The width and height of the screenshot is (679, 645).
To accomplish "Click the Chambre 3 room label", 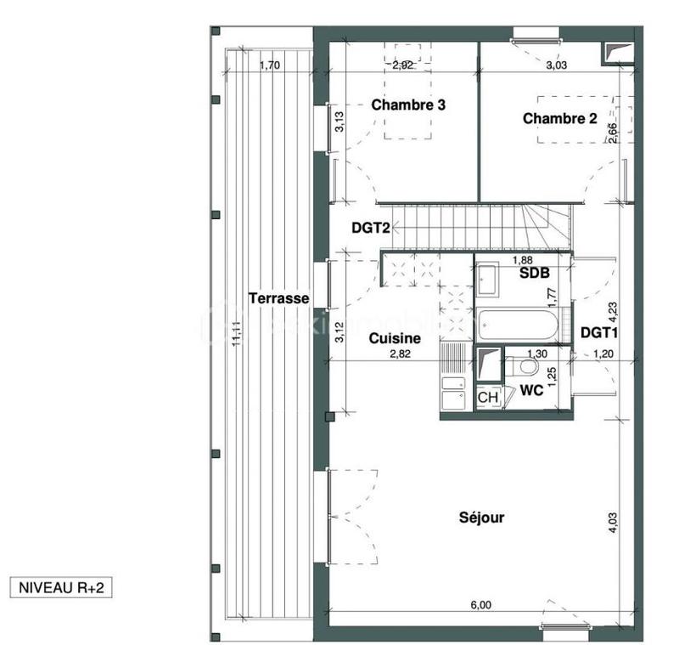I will coord(409,105).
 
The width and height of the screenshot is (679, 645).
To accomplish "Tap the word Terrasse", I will coord(278,298).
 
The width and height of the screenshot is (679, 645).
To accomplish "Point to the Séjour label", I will coord(482,517).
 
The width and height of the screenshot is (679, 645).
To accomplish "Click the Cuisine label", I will coord(395,338).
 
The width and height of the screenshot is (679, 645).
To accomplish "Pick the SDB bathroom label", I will coord(535,273).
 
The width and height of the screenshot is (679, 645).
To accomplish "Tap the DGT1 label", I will coord(598,332).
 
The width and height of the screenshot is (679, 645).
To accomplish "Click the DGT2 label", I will coord(371,229).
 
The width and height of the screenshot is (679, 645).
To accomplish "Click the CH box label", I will coord(487,397).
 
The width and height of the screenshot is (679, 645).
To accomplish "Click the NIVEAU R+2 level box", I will coord(59,586).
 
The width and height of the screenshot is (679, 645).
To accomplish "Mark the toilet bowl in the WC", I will coord(527,367).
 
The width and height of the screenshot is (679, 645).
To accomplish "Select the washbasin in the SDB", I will coord(490,279).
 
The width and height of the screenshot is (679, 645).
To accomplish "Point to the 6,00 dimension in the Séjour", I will coord(480,605).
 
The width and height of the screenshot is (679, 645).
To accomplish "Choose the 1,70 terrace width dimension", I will coord(268,64).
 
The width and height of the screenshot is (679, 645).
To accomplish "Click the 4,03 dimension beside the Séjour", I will coord(613,520).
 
